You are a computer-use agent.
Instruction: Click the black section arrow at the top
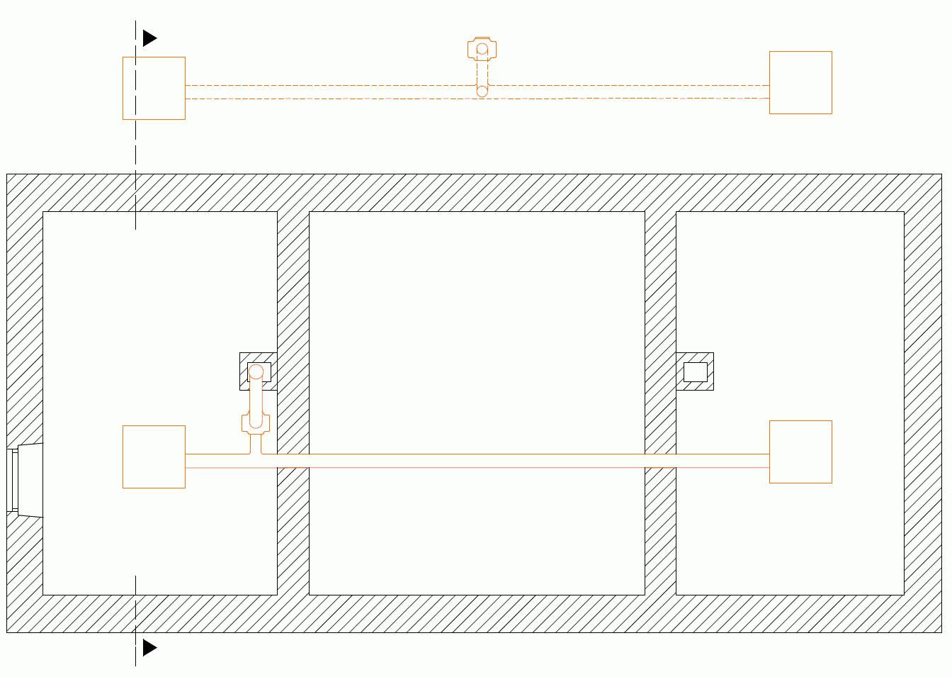[149, 38]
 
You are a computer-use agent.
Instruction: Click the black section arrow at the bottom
[149, 647]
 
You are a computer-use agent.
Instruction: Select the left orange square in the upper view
[154, 88]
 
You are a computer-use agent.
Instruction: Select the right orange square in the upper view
[800, 82]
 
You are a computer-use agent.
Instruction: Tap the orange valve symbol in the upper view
[482, 49]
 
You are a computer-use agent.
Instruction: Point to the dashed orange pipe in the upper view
[319, 91]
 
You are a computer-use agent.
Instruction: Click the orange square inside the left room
[154, 457]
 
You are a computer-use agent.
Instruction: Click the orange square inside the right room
[800, 452]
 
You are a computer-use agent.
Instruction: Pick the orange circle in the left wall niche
[256, 371]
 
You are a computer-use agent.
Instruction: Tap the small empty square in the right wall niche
[695, 371]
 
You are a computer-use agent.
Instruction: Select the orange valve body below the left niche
[256, 423]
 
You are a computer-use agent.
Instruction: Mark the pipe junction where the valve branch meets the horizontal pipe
[256, 454]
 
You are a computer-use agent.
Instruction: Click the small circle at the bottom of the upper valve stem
[482, 91]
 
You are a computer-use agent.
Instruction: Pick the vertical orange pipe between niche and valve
[256, 397]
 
